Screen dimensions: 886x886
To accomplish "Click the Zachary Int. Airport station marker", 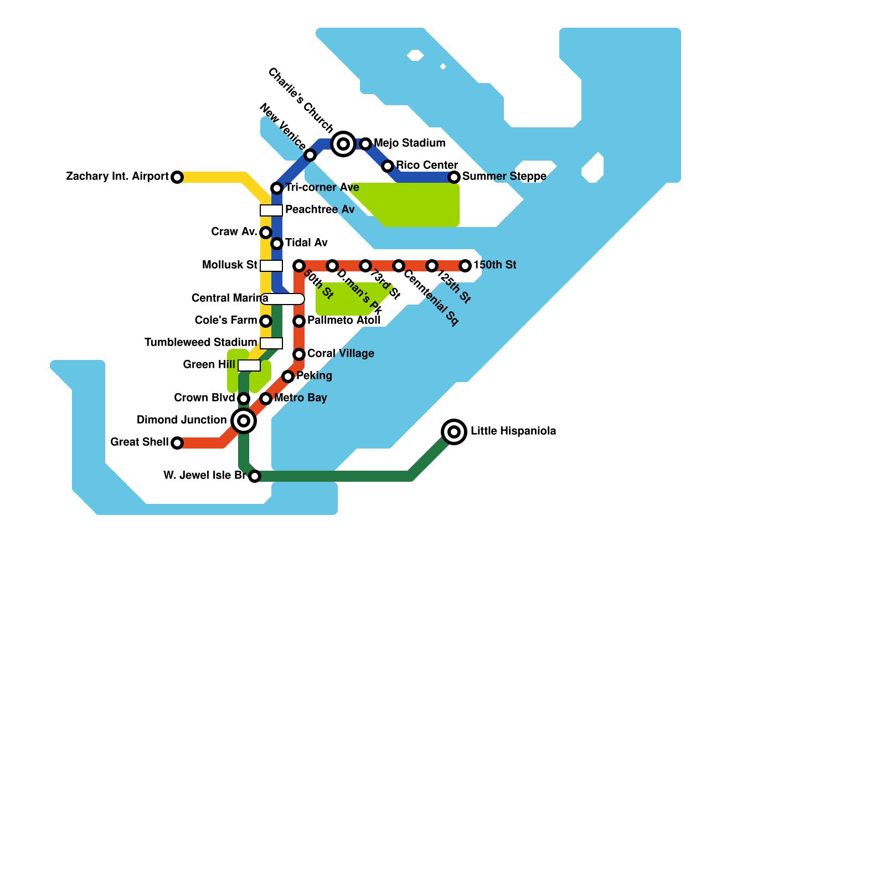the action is coord(177,177).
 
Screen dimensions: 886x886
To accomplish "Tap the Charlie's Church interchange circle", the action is coord(343,144).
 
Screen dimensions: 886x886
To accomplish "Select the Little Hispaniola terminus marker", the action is coord(454,431).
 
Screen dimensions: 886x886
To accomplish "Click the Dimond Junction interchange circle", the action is coord(244,421).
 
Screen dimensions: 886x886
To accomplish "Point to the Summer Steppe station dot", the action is coord(454,177).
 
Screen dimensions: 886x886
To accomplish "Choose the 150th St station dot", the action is coord(465,266).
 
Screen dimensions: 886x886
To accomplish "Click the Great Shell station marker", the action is coord(177,443).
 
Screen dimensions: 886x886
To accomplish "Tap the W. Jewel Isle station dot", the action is coord(255,476).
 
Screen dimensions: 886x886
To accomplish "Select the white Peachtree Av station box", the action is coord(271,210).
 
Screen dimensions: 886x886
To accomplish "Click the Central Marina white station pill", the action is coord(282,299).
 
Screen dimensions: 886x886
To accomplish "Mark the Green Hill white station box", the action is coord(249,365).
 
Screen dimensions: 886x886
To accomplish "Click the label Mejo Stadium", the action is coord(409,143).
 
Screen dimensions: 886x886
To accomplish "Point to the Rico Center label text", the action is coord(426,165).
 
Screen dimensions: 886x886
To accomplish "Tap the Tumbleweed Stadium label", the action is coord(200,343).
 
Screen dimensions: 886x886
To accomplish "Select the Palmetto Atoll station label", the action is coord(343,320).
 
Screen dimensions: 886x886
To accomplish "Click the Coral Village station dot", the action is coord(299,354).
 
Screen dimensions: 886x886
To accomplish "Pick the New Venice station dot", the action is coord(310,155).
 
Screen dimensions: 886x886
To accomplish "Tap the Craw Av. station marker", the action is coord(266,233).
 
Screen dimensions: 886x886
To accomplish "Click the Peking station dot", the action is coord(288,377).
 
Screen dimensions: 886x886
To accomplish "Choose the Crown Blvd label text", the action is coord(204,398).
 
